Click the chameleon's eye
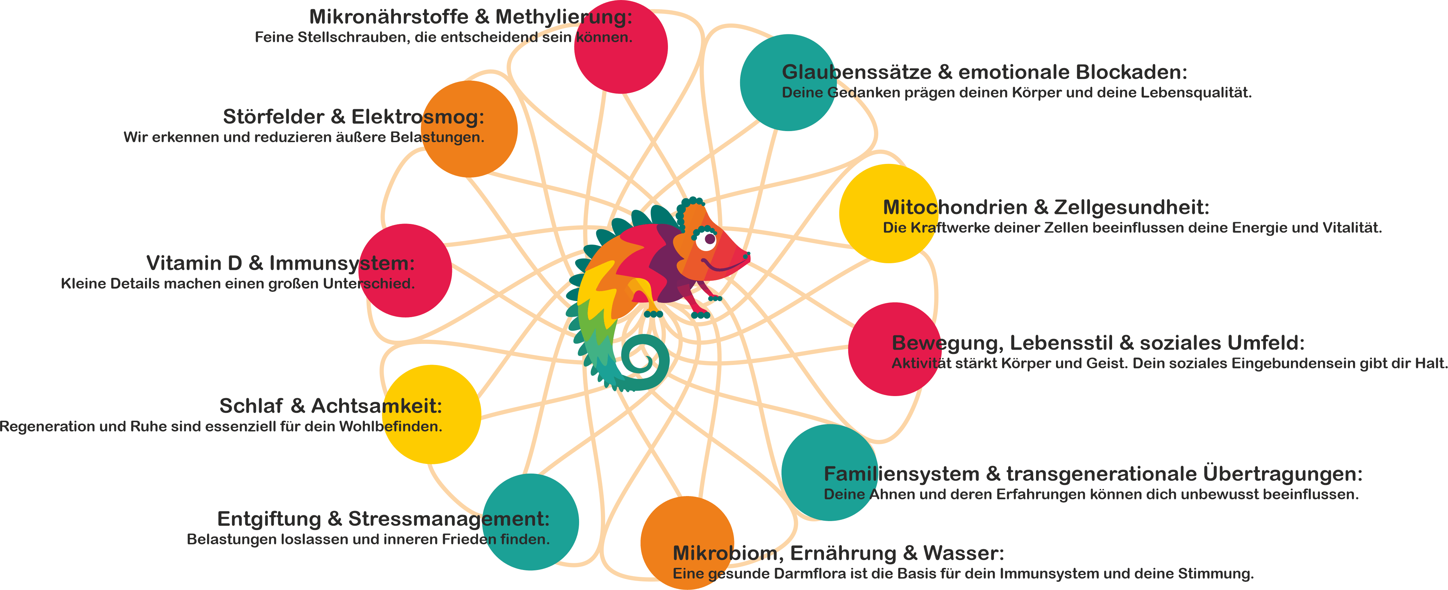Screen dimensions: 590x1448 tap(709, 240)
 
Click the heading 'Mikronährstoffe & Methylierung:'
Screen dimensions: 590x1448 tap(471, 17)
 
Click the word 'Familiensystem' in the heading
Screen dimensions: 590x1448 tap(902, 474)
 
